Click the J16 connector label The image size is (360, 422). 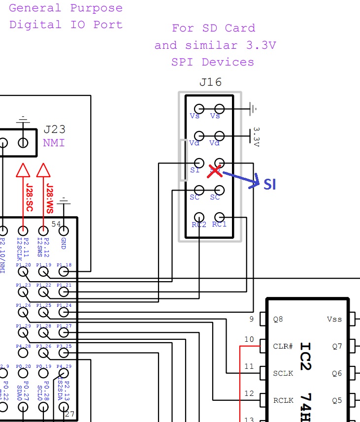click(210, 82)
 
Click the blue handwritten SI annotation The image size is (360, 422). click(269, 184)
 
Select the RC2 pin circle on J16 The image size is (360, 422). click(199, 217)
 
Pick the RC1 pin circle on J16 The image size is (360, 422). click(219, 217)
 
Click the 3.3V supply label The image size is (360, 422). click(256, 136)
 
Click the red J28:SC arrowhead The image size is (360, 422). click(23, 170)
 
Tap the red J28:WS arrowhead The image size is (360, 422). click(44, 170)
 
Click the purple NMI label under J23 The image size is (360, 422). click(54, 143)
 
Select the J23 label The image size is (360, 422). click(54, 130)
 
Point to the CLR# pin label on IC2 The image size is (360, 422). click(283, 346)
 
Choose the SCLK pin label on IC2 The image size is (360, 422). click(283, 373)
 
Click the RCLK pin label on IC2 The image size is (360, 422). click(283, 400)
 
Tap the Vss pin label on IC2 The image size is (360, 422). click(334, 319)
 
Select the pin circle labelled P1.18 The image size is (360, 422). click(64, 271)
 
